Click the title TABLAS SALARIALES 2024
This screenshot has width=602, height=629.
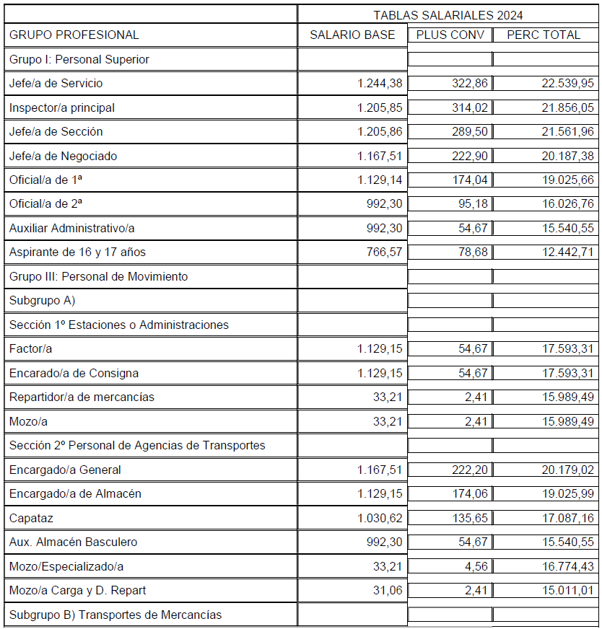448,15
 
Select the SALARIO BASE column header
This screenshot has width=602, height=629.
352,35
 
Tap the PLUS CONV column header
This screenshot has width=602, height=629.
450,35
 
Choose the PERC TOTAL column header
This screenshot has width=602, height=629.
544,35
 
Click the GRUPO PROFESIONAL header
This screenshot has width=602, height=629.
74,35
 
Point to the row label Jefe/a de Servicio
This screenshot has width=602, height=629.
56,84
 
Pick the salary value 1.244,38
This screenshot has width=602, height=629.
380,84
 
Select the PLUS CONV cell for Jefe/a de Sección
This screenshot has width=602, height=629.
470,132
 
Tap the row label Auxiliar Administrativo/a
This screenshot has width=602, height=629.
72,229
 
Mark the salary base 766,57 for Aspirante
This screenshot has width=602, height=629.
384,252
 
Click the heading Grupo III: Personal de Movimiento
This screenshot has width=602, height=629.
98,277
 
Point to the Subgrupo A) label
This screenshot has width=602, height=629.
43,301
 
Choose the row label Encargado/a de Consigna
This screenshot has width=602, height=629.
74,374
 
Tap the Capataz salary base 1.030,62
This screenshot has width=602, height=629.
380,519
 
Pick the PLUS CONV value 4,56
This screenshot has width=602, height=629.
476,567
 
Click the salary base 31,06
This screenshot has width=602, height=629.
388,591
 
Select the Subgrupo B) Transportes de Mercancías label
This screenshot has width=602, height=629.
115,615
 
